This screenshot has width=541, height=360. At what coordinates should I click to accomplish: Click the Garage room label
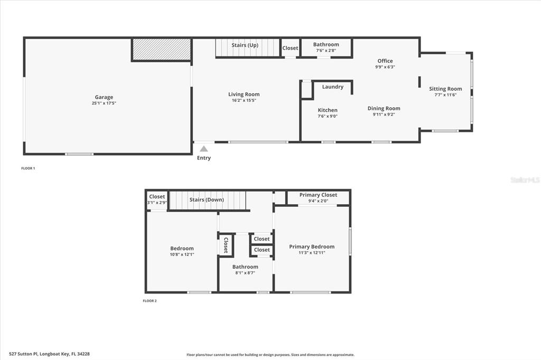104,97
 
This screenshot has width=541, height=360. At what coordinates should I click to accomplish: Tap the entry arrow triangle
204,149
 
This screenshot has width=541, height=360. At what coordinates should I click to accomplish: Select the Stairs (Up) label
245,45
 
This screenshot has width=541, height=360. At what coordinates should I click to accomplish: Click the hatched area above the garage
161,49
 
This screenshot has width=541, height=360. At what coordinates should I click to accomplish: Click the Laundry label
333,87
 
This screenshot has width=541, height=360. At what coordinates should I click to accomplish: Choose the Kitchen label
328,110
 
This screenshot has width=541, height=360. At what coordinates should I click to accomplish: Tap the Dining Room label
384,108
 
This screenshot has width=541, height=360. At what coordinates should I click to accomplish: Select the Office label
385,61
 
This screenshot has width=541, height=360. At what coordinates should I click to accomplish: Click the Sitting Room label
445,89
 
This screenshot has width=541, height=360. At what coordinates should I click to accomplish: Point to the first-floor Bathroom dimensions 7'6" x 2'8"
326,51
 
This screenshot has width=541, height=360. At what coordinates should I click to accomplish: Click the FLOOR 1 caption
28,168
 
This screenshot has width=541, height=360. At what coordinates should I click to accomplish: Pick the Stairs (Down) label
207,200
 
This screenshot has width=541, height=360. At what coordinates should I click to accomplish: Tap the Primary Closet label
318,195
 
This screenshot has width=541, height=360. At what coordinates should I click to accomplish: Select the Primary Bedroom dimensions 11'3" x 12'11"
312,253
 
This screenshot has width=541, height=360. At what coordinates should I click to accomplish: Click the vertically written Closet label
226,245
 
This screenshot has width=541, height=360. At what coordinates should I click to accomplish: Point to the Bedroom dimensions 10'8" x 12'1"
182,254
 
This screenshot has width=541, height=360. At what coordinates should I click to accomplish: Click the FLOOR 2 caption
150,301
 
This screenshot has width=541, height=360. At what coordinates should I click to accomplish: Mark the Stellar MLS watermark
525,180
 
